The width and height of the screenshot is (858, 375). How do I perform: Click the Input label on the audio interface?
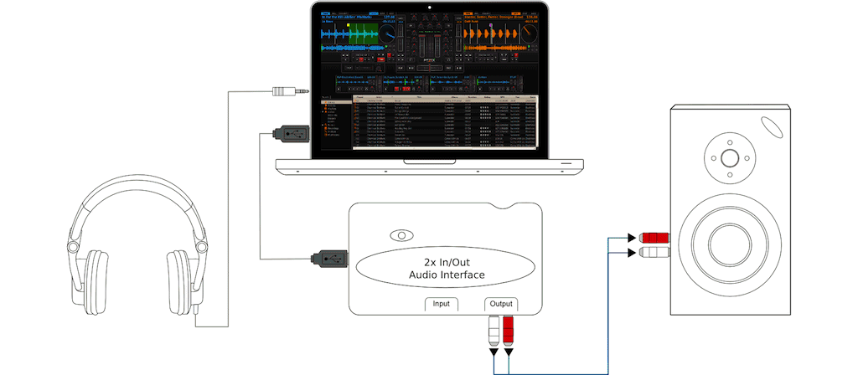coord(442,304)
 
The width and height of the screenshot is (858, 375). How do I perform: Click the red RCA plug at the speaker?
coord(654,237)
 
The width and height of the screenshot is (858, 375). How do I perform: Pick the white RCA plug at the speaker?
coord(654,251)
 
